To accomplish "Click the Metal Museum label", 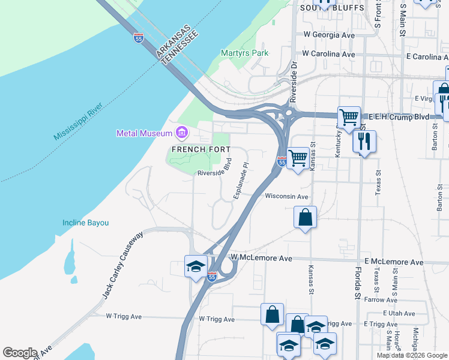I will [x=145, y=133].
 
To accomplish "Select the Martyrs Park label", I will [x=244, y=53].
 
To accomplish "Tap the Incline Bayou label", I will [x=86, y=223].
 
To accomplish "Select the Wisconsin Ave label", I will [x=286, y=196].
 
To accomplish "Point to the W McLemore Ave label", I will [x=261, y=258].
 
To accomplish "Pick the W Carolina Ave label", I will [x=328, y=54].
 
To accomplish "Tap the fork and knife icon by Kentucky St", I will [x=364, y=142].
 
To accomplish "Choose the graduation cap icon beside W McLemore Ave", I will [x=196, y=266].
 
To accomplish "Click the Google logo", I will [x=20, y=353].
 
